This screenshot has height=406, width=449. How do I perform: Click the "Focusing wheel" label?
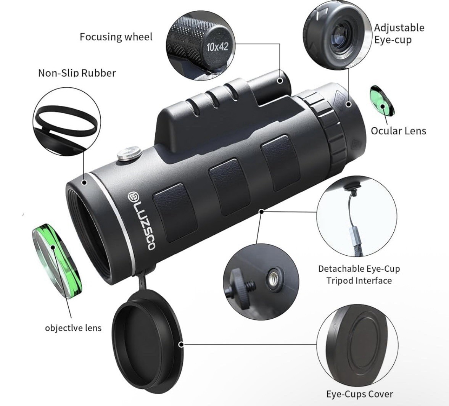116,37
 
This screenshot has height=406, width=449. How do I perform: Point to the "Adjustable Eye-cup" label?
399,34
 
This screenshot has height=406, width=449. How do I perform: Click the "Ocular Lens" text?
398,131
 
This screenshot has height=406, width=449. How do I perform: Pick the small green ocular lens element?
382,101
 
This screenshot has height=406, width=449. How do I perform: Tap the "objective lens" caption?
73,327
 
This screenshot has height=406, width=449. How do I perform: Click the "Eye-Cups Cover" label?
359,394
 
